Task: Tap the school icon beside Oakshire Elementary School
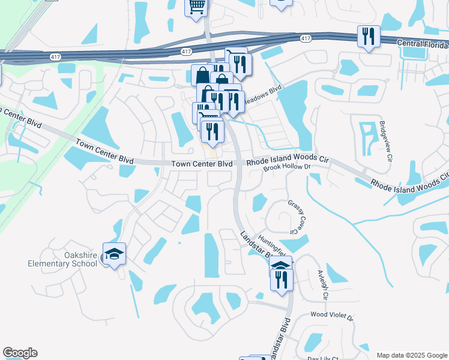[x=113, y=254]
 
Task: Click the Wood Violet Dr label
[x=332, y=314]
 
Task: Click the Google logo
[x=20, y=353]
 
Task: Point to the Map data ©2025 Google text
[x=411, y=355]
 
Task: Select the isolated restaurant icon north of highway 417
[x=367, y=36]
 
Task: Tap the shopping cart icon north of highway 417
[x=196, y=8]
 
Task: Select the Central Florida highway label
[x=423, y=45]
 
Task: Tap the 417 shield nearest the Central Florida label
[x=306, y=38]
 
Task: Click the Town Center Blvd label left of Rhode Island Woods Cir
[x=202, y=163]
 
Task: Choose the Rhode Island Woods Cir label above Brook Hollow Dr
[x=289, y=160]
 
